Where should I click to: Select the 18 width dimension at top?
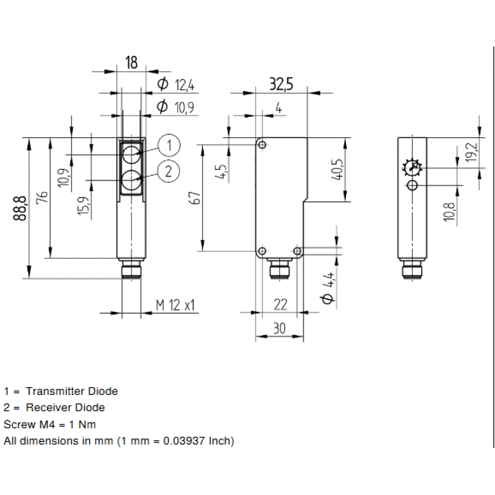131,63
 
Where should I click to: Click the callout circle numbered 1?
169,146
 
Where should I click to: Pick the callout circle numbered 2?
169,172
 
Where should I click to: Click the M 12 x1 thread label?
176,305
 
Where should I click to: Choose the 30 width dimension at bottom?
279,328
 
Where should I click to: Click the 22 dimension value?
280,305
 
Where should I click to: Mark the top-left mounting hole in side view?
263,145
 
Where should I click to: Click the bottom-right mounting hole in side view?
297,251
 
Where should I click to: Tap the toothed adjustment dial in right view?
412,168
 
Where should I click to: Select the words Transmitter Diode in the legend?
72,392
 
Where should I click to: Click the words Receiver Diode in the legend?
65,408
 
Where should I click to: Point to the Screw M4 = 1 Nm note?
49,424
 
